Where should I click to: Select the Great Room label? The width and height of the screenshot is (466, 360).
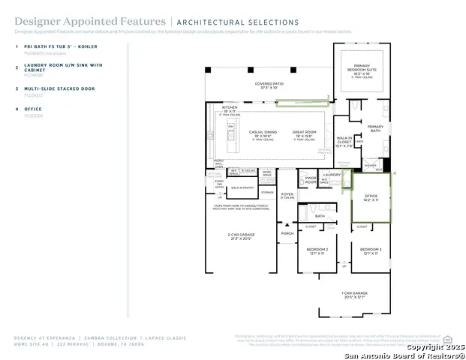tap(304, 133)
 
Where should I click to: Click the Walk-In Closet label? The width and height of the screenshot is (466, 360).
tap(344, 140)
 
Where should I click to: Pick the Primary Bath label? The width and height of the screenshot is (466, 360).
tap(375, 128)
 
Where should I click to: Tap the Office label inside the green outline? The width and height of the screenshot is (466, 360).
tap(371, 196)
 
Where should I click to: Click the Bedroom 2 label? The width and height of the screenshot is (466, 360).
tap(316, 250)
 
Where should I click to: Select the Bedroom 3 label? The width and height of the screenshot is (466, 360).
tap(370, 250)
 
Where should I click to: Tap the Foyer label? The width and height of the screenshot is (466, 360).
tap(287, 194)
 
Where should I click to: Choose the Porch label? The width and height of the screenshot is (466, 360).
tap(287, 233)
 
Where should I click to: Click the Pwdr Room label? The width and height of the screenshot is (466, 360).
tap(311, 180)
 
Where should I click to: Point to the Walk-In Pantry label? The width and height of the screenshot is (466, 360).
tap(242, 187)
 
